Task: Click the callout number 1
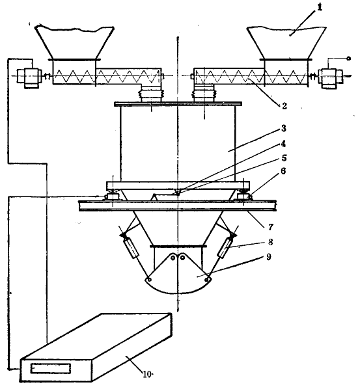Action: (320, 7)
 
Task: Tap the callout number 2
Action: (284, 106)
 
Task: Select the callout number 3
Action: (284, 128)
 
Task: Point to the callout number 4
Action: (283, 144)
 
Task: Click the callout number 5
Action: (284, 158)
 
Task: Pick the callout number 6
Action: (283, 171)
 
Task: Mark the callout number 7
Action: (271, 226)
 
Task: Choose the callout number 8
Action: (270, 242)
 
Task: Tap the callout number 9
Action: (269, 257)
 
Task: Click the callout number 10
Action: (146, 374)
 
